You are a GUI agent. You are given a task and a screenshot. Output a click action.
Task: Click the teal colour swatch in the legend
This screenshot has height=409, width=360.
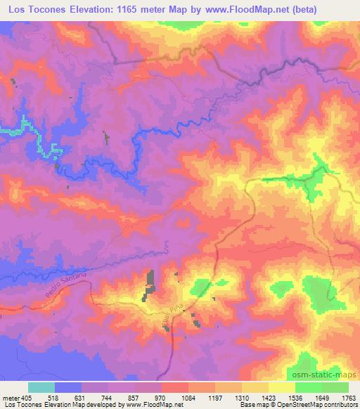tap(41, 387)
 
